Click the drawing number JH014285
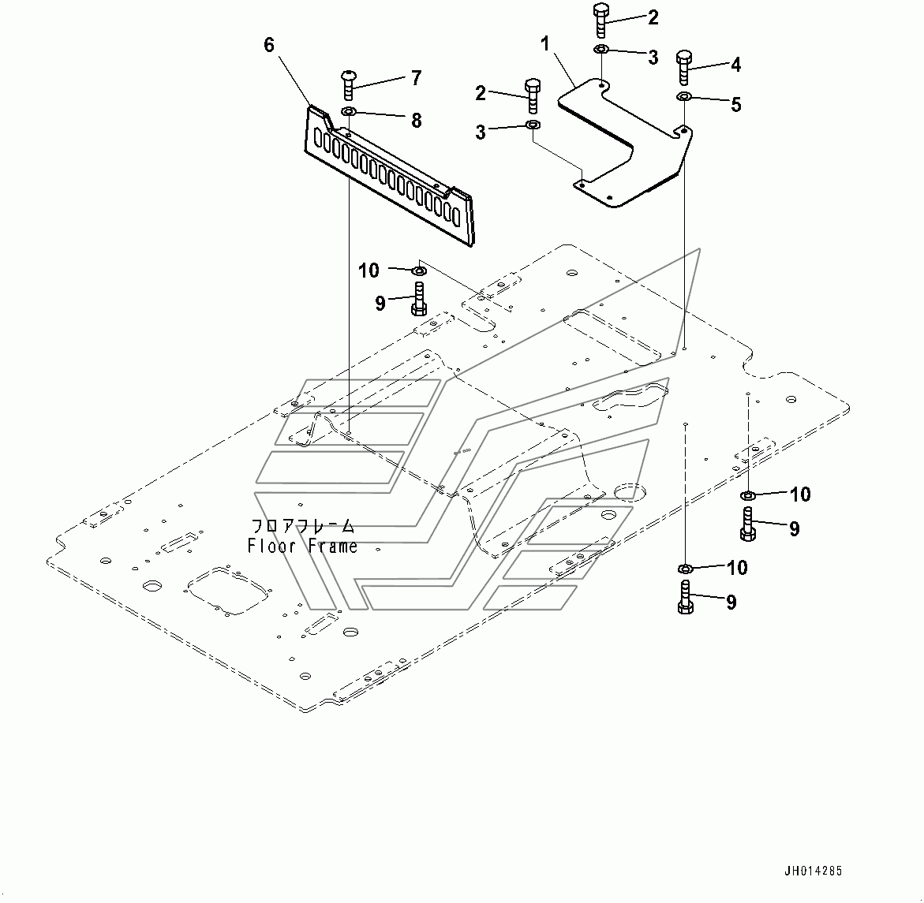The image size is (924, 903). point(813,871)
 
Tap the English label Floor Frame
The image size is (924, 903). point(302,546)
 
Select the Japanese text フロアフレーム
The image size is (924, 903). point(303,526)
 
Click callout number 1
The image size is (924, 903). point(545,43)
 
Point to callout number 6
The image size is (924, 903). point(269,45)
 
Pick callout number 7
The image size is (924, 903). point(416,78)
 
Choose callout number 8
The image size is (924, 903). point(416,120)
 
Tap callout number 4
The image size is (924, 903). point(735,65)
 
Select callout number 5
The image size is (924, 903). point(735,105)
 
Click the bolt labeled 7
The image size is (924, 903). point(348,85)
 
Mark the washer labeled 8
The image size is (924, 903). point(348,111)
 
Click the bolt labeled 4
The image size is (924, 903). point(684,68)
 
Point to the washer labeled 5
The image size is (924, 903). point(683,96)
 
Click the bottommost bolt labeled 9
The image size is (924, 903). point(685,597)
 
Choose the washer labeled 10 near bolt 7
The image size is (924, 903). point(419,271)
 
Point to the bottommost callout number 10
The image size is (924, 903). point(737,568)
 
